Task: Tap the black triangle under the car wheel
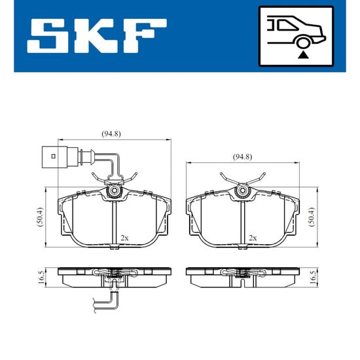tap(303, 55)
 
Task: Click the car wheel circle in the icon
tap(303, 43)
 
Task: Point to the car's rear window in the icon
tap(287, 25)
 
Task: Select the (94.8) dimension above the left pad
tap(111, 134)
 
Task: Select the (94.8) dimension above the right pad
tap(242, 157)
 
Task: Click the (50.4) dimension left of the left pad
tap(40, 217)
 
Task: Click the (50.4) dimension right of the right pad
tap(312, 217)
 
